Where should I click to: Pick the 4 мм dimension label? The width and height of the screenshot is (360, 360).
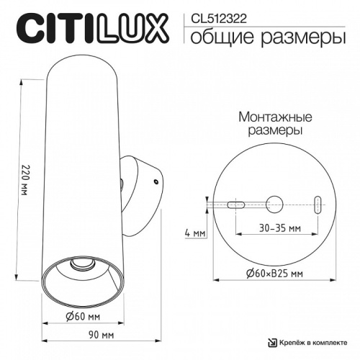[x=194, y=233]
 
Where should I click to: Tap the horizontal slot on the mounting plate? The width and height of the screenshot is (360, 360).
[x=237, y=204]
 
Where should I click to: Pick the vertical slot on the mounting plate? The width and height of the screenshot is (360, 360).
[x=318, y=204]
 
